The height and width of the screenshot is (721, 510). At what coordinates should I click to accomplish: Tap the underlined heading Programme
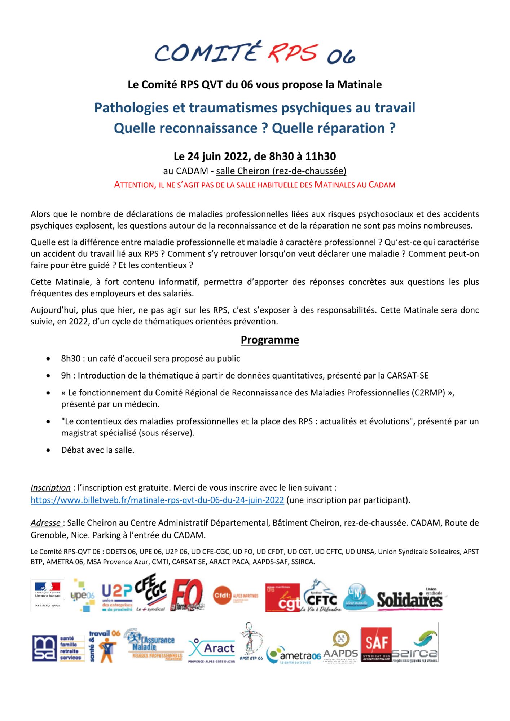click(x=270, y=340)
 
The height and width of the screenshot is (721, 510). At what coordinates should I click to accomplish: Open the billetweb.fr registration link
click(x=157, y=500)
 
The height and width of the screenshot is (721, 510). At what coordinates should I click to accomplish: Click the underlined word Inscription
click(x=50, y=488)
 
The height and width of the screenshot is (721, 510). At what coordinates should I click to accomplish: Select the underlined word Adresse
click(x=46, y=523)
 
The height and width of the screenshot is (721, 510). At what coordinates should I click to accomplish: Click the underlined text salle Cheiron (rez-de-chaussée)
click(x=281, y=171)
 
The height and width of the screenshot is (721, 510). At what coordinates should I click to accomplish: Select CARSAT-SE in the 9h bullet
click(x=408, y=376)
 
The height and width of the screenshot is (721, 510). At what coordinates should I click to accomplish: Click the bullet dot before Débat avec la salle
click(x=48, y=450)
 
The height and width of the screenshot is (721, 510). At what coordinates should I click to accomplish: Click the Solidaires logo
click(x=410, y=600)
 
